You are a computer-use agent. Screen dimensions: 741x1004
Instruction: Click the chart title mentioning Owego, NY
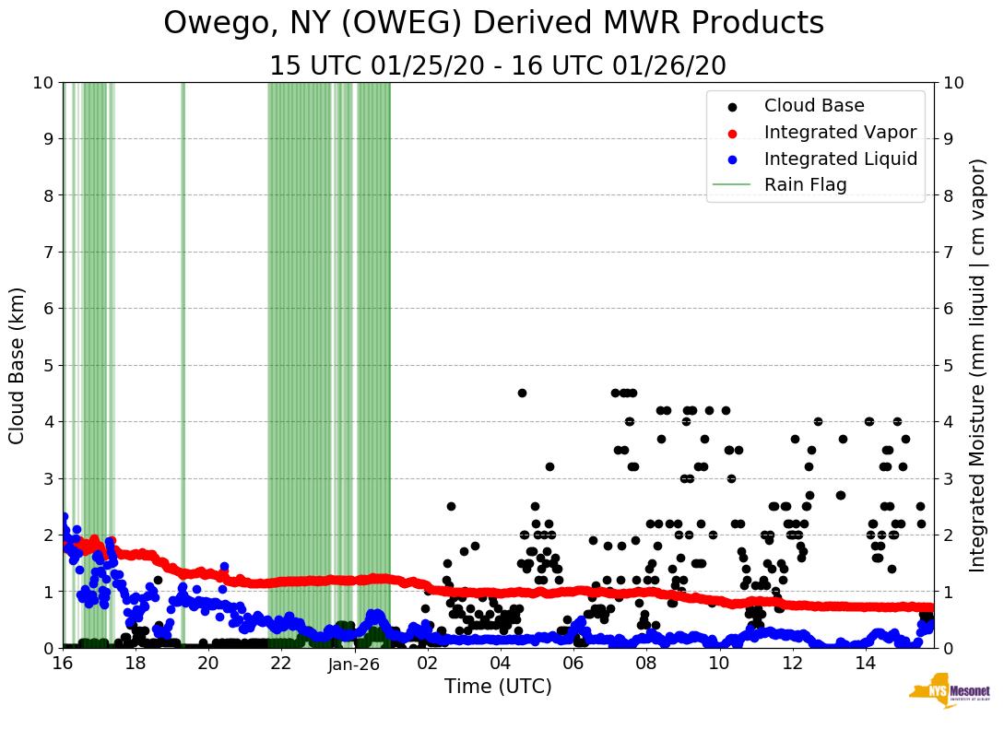493,24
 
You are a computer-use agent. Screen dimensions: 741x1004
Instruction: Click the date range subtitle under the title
498,66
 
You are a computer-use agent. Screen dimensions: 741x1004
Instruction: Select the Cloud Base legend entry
814,106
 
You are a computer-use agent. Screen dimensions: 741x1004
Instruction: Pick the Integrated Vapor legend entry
840,132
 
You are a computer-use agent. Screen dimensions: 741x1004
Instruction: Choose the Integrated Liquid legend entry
840,159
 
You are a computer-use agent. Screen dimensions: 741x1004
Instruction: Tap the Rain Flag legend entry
805,184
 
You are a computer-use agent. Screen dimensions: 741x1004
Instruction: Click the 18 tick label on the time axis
136,664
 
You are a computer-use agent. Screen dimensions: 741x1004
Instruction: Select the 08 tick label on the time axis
646,664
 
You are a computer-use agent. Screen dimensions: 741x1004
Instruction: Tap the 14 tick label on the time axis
865,664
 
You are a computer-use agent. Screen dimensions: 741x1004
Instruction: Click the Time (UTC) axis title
498,687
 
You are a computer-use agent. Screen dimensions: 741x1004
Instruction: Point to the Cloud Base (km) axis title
18,365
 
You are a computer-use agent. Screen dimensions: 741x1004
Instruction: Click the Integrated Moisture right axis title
978,365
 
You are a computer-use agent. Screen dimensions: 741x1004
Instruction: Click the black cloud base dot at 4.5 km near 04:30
522,393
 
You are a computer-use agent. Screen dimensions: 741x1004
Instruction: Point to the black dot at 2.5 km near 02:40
451,506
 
